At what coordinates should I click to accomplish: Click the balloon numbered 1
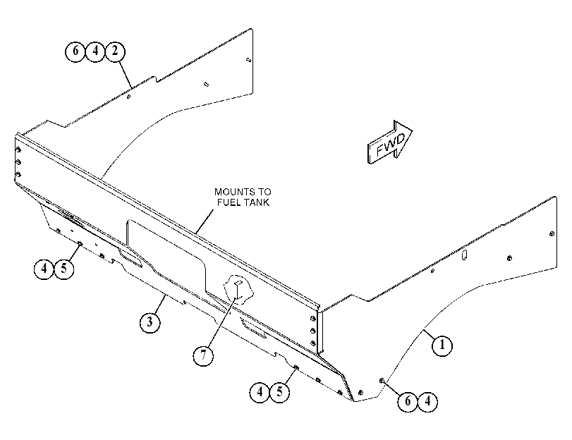tap(442, 345)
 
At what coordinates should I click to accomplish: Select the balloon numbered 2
tap(115, 51)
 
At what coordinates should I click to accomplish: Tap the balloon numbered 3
tap(150, 322)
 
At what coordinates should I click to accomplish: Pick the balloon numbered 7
tap(203, 355)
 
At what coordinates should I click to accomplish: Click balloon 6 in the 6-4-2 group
tap(75, 51)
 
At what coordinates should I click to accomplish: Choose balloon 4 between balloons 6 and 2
tap(95, 51)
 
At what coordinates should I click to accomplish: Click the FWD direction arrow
tap(390, 142)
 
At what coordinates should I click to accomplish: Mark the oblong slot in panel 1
tap(464, 255)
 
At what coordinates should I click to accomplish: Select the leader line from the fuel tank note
tap(205, 221)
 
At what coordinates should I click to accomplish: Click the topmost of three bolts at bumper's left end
tap(18, 150)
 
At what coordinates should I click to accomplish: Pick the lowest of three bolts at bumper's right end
tap(313, 343)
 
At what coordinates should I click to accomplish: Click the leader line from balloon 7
tap(219, 322)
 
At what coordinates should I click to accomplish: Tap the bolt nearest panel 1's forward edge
tap(552, 234)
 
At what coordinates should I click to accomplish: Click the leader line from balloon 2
tap(125, 75)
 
